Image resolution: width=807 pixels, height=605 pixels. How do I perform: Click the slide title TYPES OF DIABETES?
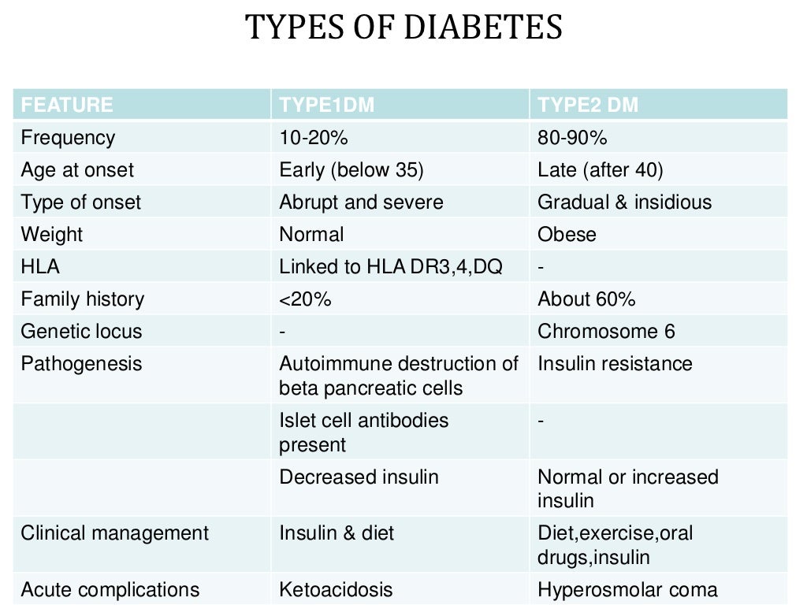point(403,28)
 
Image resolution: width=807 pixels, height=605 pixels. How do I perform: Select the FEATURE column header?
point(67,105)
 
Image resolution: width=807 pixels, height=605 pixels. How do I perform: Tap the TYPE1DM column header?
point(326,105)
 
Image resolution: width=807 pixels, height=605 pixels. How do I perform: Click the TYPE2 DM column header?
point(588,105)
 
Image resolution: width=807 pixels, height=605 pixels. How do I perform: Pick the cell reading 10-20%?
point(314,138)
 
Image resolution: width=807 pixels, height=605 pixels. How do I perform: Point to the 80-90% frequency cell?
point(572,138)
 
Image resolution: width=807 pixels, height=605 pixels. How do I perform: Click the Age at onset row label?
point(77,170)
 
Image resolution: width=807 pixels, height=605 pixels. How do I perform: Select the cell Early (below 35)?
point(351,170)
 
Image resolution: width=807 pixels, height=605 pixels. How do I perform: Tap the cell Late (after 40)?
point(601,170)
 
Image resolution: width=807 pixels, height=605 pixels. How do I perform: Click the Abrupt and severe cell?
point(361,202)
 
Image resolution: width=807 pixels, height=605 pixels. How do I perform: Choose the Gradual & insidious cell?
point(624,202)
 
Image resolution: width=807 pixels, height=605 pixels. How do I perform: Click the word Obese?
point(567,235)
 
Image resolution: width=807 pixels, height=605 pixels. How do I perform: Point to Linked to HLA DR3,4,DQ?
point(391,267)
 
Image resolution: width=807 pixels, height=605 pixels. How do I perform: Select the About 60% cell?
point(586,299)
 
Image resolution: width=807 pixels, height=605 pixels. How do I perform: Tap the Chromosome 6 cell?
point(606,332)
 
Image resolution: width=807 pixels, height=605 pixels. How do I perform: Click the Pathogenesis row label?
point(81,364)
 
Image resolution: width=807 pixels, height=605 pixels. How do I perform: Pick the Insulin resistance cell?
point(615,364)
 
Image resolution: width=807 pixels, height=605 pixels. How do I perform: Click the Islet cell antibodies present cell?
point(363,432)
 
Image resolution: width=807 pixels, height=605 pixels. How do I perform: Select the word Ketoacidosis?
point(336,589)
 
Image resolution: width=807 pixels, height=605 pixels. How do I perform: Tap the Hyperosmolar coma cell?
point(627,589)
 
